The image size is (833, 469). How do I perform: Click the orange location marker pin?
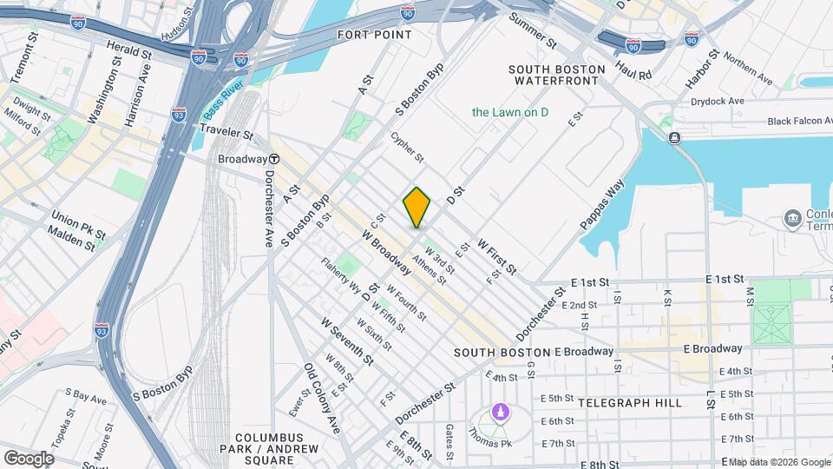tap(416, 208)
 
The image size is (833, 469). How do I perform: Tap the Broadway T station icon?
tap(274, 159)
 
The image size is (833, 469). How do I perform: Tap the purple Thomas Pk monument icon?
tap(499, 411)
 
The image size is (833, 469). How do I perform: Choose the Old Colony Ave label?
tap(321, 398)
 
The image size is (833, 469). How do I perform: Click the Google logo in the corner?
tap(29, 458)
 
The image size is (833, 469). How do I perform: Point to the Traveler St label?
tap(225, 135)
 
